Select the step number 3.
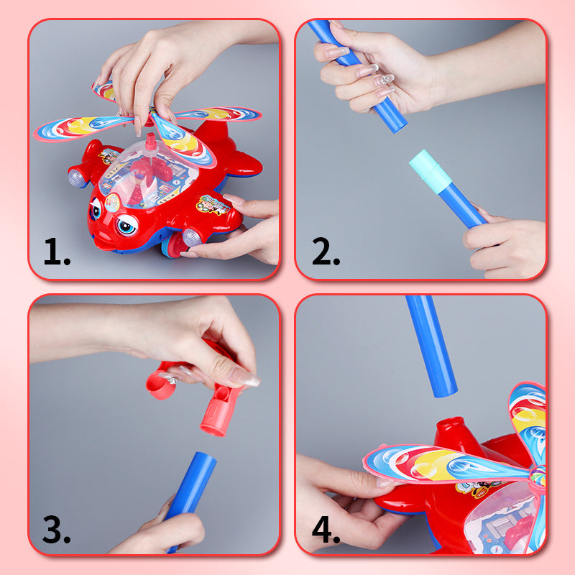coord(56,530)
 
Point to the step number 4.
coord(326,530)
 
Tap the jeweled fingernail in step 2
coord(387,80)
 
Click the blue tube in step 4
coord(431,345)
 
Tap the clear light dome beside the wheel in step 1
coord(193,236)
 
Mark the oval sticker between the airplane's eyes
coord(112,203)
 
